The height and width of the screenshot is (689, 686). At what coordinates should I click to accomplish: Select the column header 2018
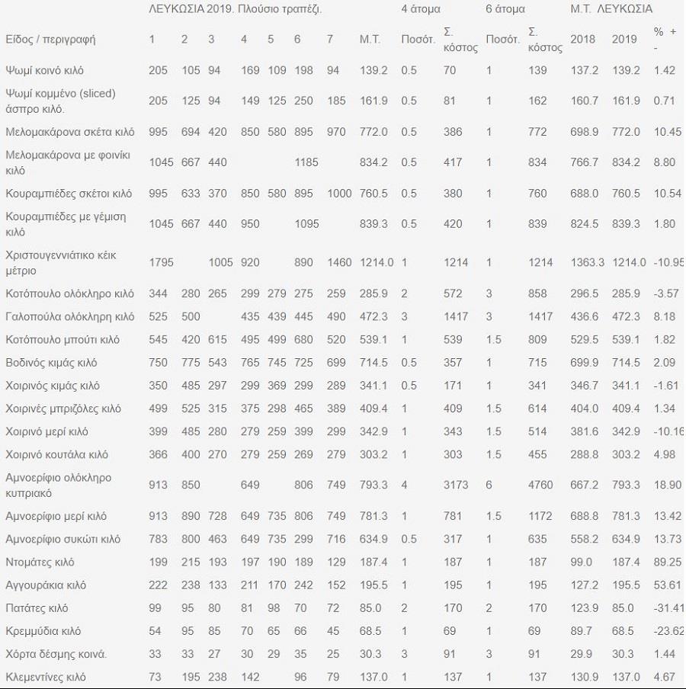pos(582,39)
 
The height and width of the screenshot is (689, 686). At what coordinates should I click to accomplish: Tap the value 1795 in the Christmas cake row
pos(162,262)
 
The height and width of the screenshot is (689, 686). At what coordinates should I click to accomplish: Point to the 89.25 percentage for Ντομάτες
pos(667,562)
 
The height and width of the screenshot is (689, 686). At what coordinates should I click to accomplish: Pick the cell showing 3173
pos(456,484)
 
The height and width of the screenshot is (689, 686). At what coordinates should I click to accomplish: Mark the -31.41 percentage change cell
pos(668,608)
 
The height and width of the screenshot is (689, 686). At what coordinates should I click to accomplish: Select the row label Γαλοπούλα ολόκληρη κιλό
pos(69,316)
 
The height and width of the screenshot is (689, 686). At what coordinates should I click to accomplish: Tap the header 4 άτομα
pos(421,9)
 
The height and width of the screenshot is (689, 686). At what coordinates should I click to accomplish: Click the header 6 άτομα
pos(505,9)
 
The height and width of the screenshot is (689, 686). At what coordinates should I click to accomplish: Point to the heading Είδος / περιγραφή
pos(50,39)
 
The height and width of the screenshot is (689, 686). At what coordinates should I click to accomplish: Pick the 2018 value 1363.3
pos(587,262)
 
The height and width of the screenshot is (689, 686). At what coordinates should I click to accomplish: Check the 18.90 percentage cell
pos(667,484)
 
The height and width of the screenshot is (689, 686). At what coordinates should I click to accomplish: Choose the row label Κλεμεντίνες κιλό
pos(46,677)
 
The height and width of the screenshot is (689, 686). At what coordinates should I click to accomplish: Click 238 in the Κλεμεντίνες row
pos(220,677)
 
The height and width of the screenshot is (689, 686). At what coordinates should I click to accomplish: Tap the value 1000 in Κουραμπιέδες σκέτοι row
pos(339,194)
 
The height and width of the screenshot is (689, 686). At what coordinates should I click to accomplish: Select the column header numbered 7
pos(330,39)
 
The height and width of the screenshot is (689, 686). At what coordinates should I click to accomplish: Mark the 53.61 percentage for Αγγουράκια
pos(667,585)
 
